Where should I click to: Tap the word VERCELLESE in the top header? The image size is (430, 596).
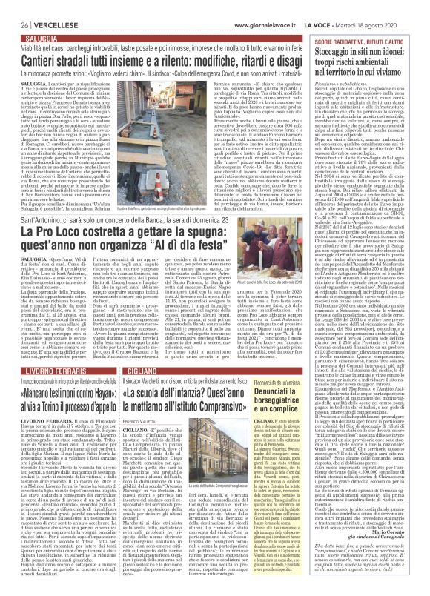click(x=41, y=6)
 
